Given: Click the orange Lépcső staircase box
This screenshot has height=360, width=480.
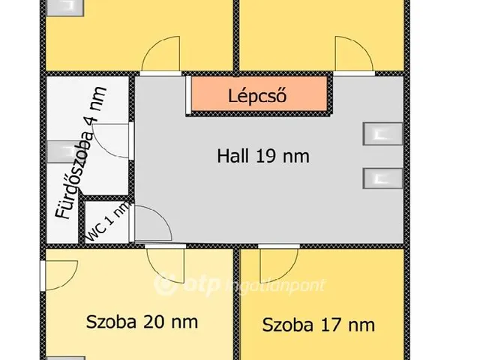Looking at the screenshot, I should pos(258,95).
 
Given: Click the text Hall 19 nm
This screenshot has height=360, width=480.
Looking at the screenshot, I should pos(262,157).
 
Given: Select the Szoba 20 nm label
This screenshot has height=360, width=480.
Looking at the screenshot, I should pos(142,322).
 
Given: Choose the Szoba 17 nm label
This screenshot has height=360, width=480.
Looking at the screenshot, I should pos(318,325).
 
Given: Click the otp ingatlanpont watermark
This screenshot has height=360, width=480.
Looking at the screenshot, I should pos(240,285).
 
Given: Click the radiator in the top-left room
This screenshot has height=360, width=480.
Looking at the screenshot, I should pos(64,6).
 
